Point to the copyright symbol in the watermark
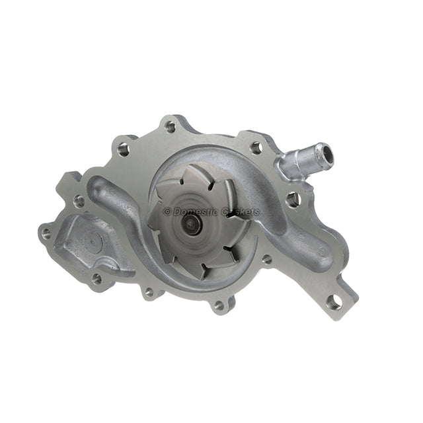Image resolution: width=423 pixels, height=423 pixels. click(167, 211)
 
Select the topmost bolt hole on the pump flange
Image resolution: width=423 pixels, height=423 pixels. click(171, 126)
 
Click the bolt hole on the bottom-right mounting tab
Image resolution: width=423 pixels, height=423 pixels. click(334, 303)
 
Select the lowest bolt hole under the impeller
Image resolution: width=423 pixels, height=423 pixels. click(219, 305)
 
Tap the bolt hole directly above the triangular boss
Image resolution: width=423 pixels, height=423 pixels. click(79, 200)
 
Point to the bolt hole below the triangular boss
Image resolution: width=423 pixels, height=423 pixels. click(96, 278)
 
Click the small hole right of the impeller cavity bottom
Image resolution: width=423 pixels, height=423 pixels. click(266, 259)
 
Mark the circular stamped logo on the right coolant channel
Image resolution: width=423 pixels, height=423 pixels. click(322, 252)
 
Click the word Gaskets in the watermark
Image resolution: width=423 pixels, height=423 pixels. click(241, 211)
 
